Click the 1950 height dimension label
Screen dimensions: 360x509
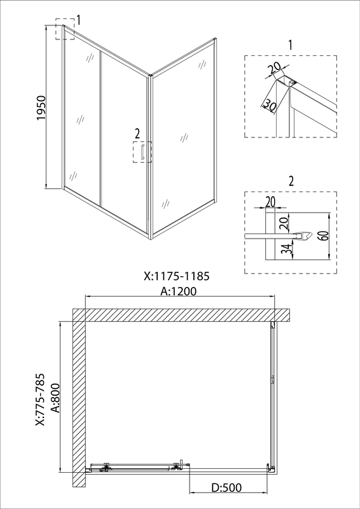41,108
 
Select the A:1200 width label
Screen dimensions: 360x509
179,291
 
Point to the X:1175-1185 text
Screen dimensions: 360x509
177,276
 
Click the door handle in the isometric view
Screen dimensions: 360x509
142,153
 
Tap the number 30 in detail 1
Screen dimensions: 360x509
269,104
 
